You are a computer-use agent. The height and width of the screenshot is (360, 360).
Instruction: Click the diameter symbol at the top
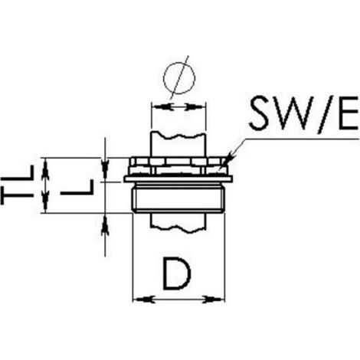(179, 77)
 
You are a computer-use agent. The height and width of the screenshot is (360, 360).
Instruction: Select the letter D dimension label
(177, 273)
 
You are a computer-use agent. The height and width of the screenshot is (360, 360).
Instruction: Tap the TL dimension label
(17, 185)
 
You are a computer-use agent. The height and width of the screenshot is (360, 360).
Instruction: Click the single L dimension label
(77, 187)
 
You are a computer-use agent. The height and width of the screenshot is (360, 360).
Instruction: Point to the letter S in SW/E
(263, 113)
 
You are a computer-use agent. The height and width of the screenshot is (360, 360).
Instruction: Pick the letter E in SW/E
(349, 113)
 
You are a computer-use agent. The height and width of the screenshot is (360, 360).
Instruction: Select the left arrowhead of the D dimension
(144, 299)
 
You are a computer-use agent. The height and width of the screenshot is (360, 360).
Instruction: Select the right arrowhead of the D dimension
(214, 299)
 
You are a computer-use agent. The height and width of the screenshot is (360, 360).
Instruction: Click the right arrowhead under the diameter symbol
(195, 107)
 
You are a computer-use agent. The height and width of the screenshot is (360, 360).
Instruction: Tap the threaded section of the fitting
(178, 198)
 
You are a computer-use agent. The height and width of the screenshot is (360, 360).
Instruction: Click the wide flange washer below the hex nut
(178, 179)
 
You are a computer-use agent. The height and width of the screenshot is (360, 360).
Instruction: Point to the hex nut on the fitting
(178, 166)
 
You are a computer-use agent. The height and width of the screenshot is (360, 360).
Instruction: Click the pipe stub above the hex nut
(178, 144)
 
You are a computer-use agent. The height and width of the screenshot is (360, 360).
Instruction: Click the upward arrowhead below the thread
(105, 224)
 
